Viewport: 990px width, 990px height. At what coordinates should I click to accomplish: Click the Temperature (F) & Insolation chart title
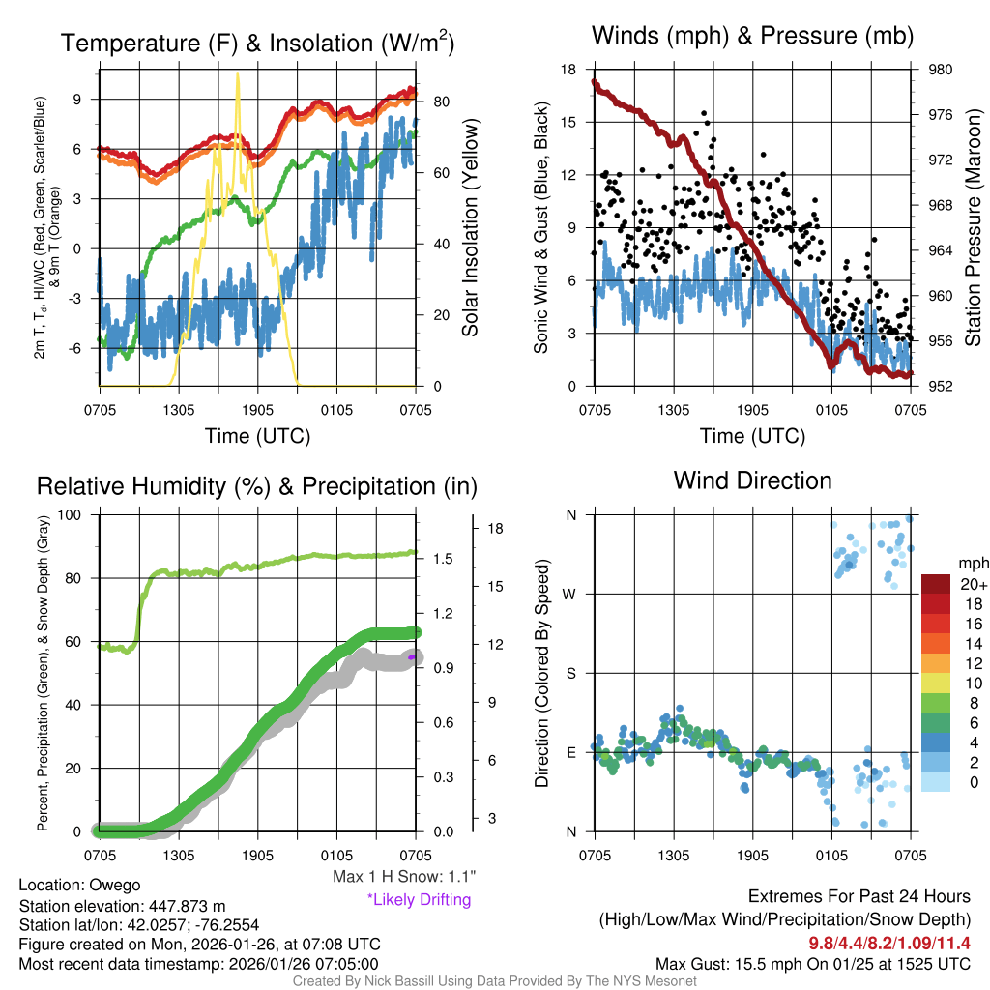pos(257,44)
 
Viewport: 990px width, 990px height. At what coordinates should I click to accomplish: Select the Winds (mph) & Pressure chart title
pos(752,37)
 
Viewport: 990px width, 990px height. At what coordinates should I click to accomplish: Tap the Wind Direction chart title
pos(752,480)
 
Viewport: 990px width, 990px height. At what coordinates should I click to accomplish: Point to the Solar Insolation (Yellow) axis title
pos(471,228)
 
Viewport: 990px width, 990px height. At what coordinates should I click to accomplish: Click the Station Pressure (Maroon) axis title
pos(973,228)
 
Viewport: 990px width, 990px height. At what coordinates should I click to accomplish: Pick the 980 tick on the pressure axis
pos(941,70)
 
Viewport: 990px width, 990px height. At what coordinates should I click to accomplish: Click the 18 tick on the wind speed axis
pos(568,70)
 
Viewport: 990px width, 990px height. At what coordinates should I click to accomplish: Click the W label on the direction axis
pos(570,594)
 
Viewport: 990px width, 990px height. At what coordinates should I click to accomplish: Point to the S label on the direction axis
pos(571,673)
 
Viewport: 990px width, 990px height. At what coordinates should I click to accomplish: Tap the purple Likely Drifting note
pos(419,900)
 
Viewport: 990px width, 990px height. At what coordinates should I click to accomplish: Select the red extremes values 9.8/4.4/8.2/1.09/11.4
pos(888,943)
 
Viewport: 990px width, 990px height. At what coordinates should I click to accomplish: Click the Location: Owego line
pos(79,886)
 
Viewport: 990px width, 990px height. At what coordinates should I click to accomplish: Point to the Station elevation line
pos(122,906)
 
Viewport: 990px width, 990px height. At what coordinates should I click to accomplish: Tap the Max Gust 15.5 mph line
pos(812,964)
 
